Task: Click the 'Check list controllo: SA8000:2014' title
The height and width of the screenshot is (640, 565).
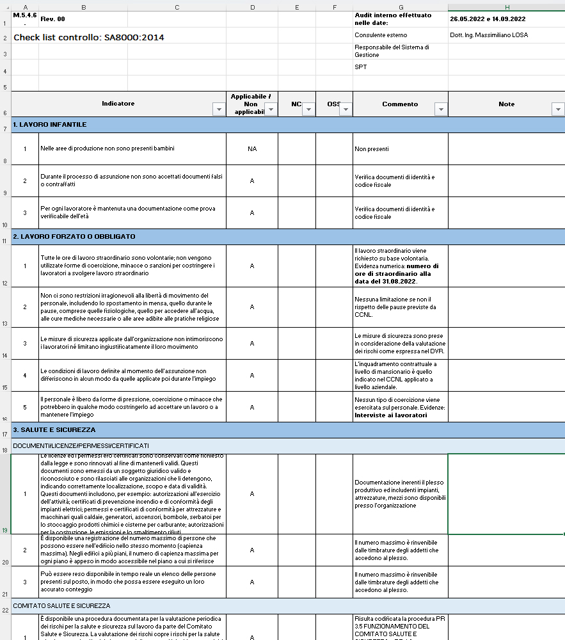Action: tap(89, 38)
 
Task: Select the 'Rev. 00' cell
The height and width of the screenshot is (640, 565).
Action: tap(52, 19)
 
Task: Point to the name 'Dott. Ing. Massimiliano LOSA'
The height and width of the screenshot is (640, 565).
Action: tap(489, 35)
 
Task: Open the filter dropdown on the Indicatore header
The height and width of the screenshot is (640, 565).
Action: tap(219, 109)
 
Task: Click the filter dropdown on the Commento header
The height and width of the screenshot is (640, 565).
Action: tap(440, 109)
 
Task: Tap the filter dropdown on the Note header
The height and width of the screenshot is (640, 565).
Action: tap(557, 109)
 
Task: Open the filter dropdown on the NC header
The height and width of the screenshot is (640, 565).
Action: tap(308, 109)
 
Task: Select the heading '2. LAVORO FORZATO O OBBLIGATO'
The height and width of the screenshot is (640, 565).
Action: tap(74, 236)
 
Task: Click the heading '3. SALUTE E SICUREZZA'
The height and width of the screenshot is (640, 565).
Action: tap(54, 429)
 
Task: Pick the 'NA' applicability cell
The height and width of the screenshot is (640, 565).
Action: tap(252, 148)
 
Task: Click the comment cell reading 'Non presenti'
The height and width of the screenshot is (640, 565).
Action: tap(372, 149)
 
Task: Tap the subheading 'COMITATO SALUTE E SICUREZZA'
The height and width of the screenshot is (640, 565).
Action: tap(61, 605)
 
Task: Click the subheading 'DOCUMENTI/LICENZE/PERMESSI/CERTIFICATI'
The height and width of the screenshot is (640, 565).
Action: tap(81, 445)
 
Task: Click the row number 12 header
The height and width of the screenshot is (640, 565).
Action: tap(5, 283)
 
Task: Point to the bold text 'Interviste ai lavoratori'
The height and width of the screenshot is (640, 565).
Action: tap(390, 415)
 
